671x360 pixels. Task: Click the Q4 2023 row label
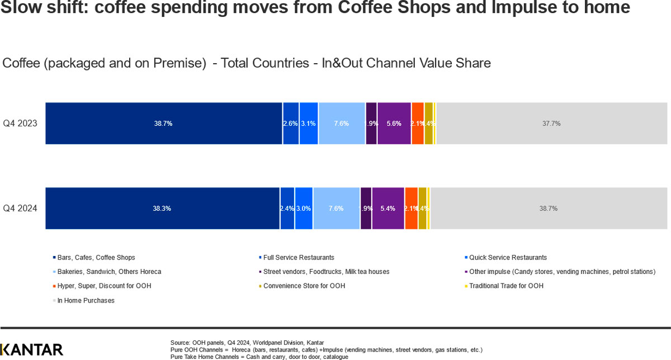click(x=20, y=124)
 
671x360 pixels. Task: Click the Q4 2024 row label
click(x=20, y=209)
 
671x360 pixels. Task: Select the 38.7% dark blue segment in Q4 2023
click(x=163, y=124)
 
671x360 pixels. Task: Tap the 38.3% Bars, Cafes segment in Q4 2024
click(x=162, y=209)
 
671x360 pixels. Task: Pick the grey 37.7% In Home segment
click(x=551, y=124)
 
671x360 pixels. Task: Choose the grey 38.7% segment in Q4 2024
click(x=548, y=209)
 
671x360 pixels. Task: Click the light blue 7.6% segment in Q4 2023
click(x=342, y=124)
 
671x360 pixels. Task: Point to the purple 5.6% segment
click(x=394, y=124)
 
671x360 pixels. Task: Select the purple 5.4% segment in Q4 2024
click(x=388, y=209)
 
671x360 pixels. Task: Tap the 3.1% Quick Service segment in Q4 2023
click(x=309, y=124)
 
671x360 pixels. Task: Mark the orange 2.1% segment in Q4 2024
click(x=411, y=209)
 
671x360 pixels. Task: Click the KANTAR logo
click(x=32, y=349)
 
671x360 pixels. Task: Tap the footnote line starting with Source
click(x=247, y=342)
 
